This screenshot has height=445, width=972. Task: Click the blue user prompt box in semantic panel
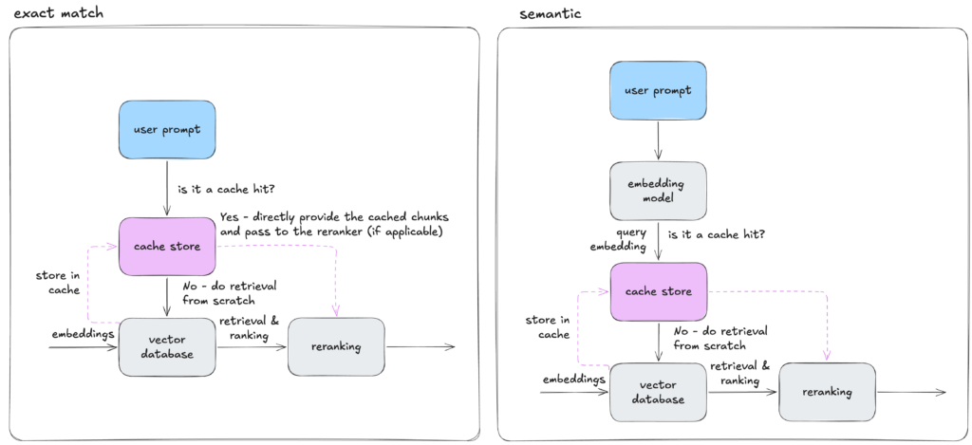658,92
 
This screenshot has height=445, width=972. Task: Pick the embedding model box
658,191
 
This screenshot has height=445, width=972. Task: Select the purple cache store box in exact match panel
166,246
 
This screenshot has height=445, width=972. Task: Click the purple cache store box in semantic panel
658,291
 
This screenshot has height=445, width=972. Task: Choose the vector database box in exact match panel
167,346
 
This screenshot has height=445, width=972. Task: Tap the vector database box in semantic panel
658,392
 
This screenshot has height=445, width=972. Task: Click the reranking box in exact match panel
335,346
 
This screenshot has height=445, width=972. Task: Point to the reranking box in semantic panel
826,392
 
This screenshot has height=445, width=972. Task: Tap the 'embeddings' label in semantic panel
573,380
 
